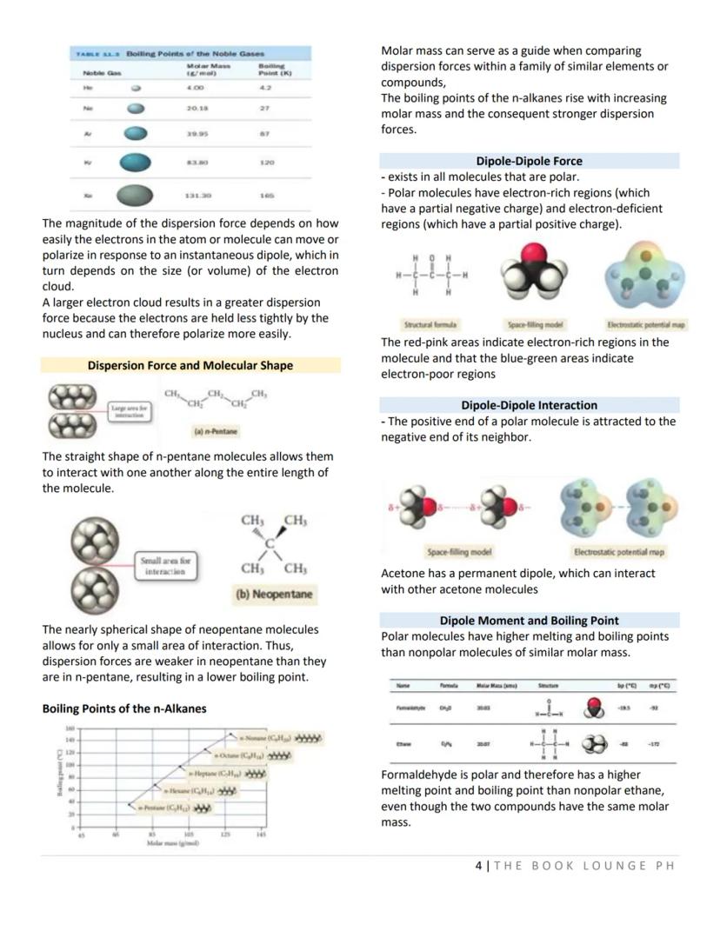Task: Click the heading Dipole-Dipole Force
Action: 529,161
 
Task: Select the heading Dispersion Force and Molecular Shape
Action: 190,365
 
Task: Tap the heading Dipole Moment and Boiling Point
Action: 529,620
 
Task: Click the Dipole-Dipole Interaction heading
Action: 529,405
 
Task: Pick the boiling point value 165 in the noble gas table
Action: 266,196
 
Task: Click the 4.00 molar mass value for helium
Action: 196,87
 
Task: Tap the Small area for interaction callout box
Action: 165,567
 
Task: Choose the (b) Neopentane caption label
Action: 274,595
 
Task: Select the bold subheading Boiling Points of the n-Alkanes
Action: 124,708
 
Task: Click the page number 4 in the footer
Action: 479,865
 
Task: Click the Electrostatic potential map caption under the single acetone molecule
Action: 646,324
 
